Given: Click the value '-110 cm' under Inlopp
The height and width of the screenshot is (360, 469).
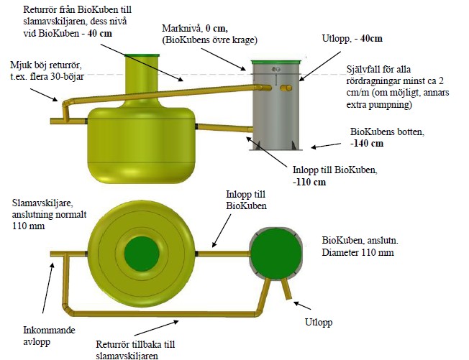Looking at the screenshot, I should pos(310,183).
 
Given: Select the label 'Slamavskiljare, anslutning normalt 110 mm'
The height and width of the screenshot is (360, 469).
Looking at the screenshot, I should pos(42,213).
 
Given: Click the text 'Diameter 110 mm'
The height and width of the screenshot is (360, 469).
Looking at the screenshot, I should pos(357,253).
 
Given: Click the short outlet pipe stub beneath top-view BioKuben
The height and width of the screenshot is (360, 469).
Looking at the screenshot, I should pos(288,290).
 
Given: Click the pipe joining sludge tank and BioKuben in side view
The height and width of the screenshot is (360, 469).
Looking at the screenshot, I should pos(223,129).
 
